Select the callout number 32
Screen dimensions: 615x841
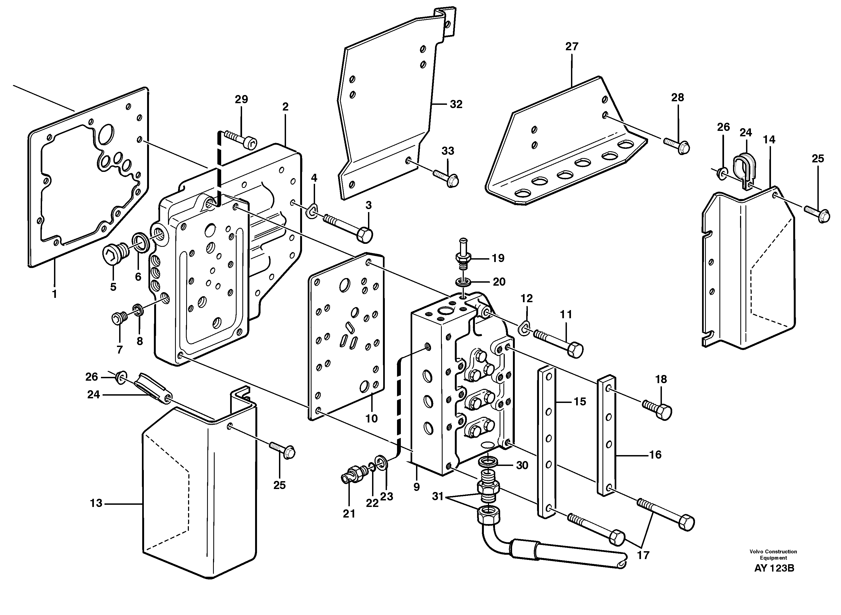pos(456,105)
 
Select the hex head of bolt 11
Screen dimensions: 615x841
pos(575,350)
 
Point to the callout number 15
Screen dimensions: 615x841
pos(579,402)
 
